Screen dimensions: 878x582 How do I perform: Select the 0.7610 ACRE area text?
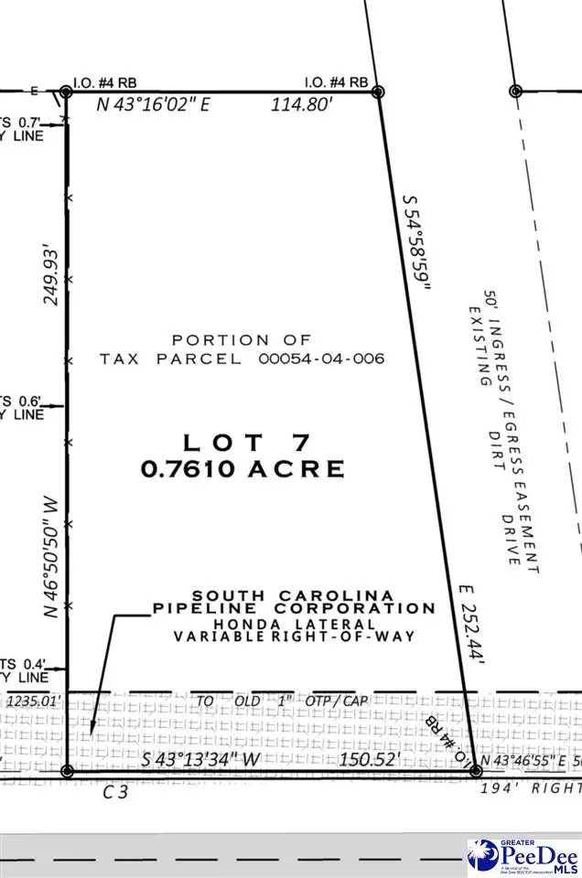click(242, 469)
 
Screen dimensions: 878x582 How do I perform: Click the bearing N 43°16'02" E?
click(154, 105)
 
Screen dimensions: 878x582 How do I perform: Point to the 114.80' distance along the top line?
click(301, 105)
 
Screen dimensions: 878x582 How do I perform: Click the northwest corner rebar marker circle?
click(66, 91)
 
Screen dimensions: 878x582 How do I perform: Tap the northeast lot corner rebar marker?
click(377, 91)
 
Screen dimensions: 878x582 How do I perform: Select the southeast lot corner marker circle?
click(475, 772)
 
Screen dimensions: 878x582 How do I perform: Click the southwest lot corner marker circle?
click(66, 772)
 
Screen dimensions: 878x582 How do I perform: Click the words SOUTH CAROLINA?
click(294, 595)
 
